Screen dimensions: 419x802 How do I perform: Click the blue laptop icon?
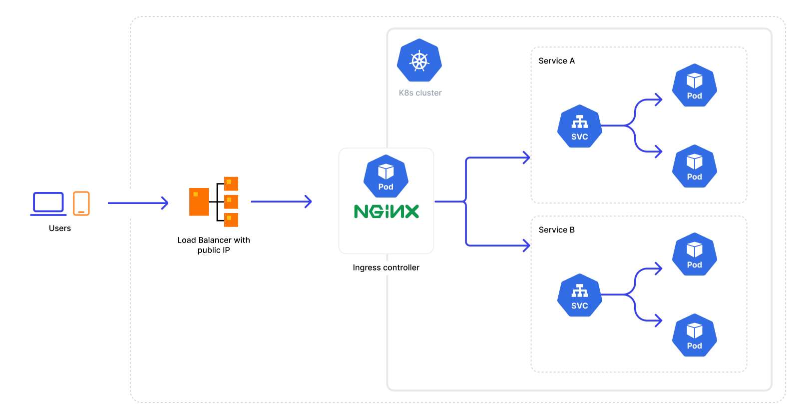point(48,203)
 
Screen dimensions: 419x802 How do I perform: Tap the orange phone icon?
point(81,203)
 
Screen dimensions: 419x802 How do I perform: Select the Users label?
point(60,228)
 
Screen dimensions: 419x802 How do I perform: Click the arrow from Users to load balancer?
point(138,203)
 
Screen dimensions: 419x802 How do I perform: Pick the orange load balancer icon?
point(214,201)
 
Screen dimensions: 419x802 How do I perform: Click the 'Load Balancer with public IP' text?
point(214,245)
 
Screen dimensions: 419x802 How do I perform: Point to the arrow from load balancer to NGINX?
point(281,201)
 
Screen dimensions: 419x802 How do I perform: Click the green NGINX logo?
point(386,211)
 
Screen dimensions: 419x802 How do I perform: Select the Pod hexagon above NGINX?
point(386,176)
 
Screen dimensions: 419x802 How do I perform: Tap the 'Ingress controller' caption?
point(386,267)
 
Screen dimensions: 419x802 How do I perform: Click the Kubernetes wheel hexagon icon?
point(419,60)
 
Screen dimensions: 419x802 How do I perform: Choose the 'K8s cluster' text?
point(420,93)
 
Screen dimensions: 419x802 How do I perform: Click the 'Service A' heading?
point(556,61)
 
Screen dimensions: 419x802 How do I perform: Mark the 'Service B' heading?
point(556,230)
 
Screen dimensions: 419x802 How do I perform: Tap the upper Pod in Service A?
point(694,85)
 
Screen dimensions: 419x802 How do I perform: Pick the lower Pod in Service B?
point(694,335)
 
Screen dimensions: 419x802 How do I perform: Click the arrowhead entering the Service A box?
point(526,157)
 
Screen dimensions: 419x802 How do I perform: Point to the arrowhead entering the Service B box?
point(526,245)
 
